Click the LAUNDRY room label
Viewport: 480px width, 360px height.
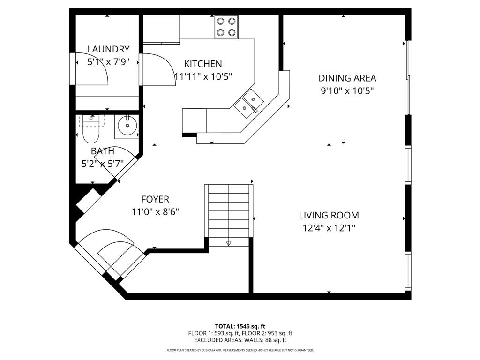point(108,49)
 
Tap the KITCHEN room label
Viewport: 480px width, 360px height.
point(202,64)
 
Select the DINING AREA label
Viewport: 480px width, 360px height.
point(347,78)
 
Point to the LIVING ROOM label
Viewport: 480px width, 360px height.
point(329,215)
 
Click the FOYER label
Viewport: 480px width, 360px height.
point(155,199)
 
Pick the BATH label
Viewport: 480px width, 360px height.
point(102,151)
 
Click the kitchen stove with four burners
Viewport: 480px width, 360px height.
point(226,27)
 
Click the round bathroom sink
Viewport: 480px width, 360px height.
point(127,126)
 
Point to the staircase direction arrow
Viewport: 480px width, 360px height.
point(229,243)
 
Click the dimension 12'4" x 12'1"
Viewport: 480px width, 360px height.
point(329,228)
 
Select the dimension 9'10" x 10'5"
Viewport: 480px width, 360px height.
point(347,91)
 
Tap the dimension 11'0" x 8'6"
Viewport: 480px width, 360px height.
point(155,212)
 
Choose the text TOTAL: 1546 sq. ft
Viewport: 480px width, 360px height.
point(240,326)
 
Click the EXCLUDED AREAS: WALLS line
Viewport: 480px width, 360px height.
point(240,340)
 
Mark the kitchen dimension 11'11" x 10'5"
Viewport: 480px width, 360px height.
point(202,76)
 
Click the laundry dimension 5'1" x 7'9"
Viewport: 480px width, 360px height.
point(108,61)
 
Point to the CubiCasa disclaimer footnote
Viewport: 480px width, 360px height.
point(240,350)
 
